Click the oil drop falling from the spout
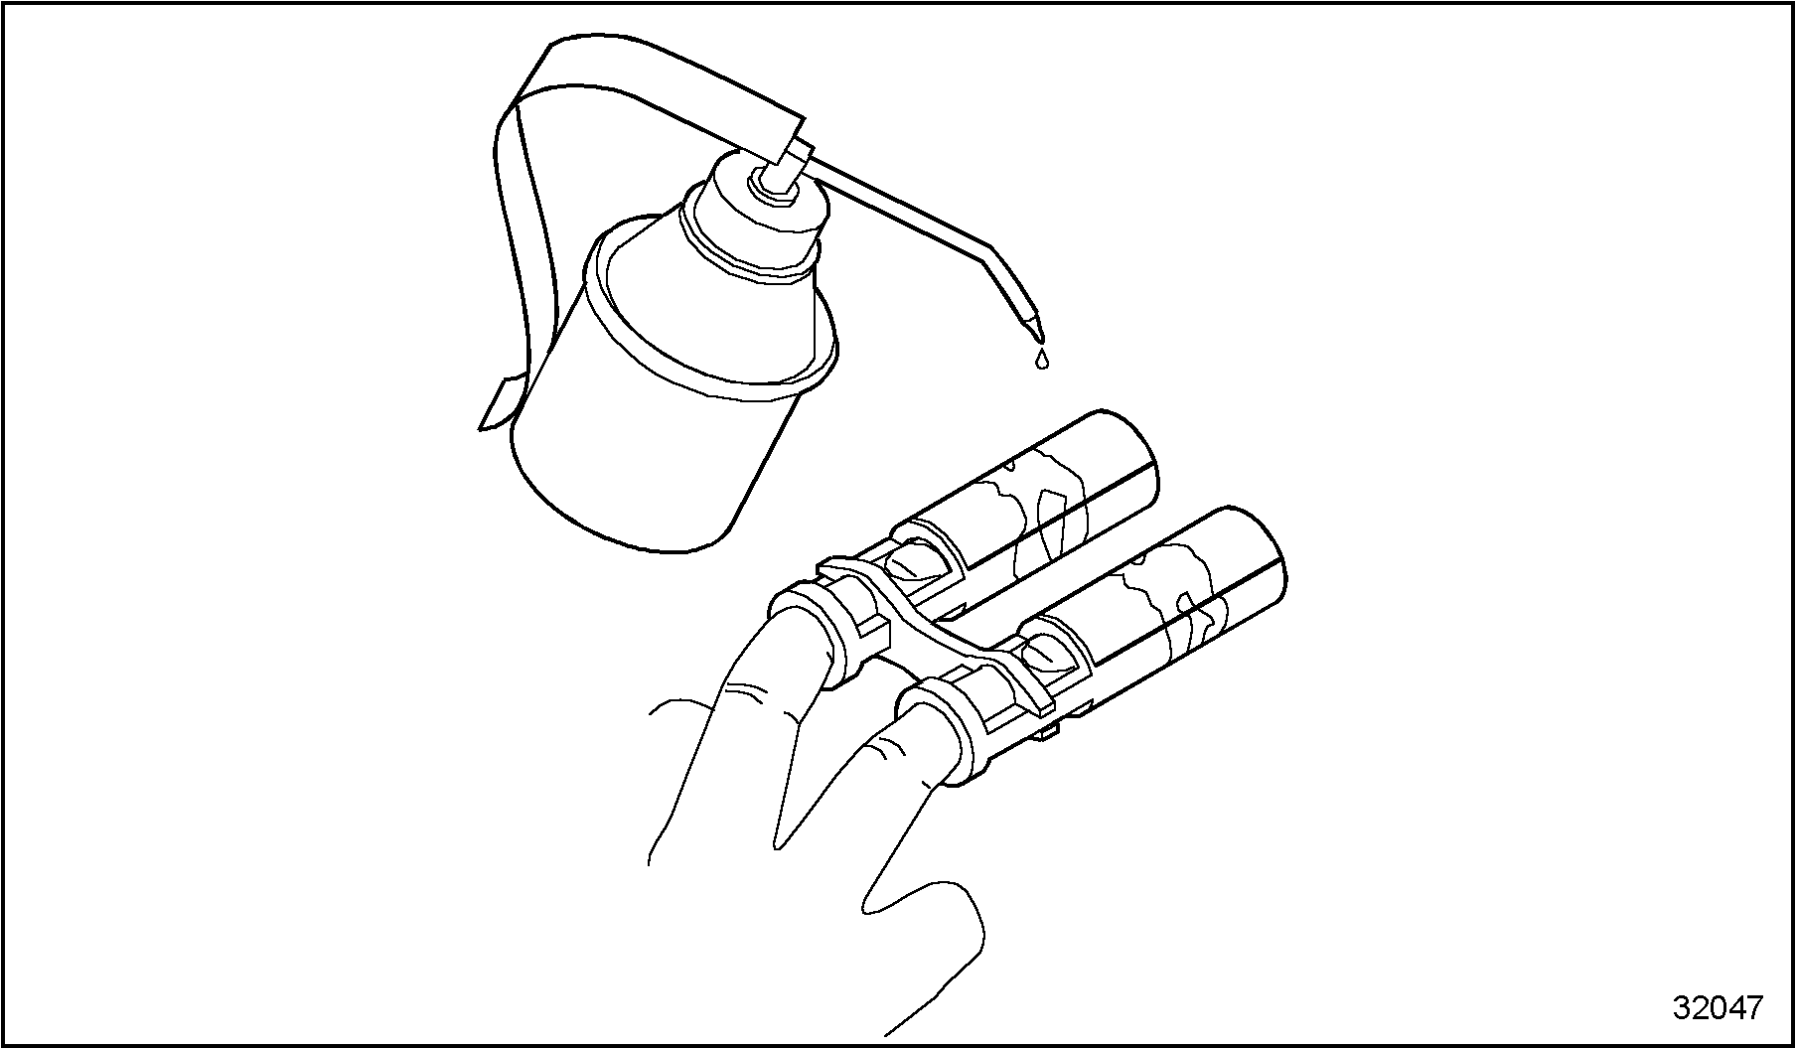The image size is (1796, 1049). [x=1040, y=359]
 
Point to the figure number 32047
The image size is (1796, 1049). [x=1717, y=1007]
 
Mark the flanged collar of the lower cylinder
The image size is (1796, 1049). [x=944, y=730]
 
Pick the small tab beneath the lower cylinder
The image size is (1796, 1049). [x=1053, y=731]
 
